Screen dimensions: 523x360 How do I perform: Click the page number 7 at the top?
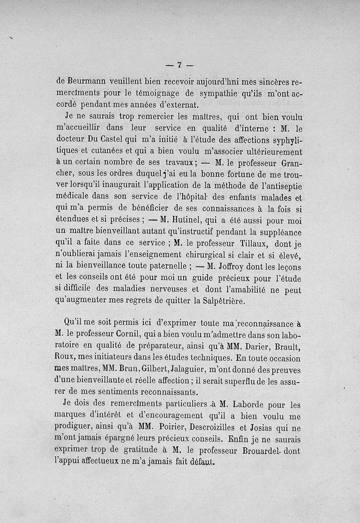click(x=179, y=65)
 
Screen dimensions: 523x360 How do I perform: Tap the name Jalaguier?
click(x=177, y=371)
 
